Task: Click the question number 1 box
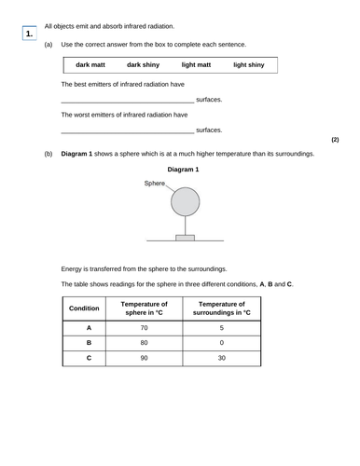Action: pos(30,34)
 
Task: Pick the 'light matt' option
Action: pos(196,65)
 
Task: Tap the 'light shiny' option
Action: pos(249,65)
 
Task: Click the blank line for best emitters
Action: pos(127,100)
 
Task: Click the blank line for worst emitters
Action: pos(127,130)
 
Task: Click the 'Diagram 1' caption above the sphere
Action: pos(184,170)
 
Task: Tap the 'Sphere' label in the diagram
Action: pos(154,184)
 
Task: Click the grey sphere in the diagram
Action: pos(185,200)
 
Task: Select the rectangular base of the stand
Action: pos(185,239)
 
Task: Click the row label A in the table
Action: pos(89,328)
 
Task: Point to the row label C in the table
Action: pos(89,359)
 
